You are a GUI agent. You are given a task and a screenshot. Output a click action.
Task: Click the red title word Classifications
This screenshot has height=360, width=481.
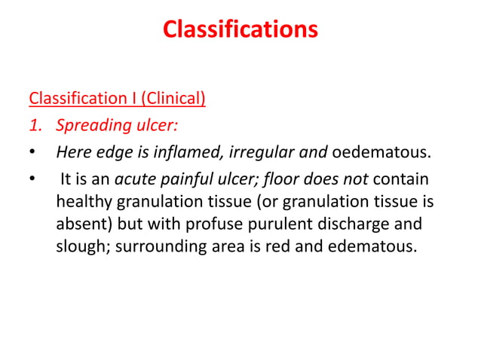coord(240,30)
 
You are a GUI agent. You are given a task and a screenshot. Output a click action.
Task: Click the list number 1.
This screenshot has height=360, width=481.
coord(34,126)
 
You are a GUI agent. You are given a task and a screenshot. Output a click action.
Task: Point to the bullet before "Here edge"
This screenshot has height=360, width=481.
coord(32,154)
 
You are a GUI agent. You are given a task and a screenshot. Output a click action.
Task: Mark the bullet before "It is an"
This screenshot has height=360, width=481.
coord(32,182)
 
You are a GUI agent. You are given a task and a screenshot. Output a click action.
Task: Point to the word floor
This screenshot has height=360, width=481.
coord(288,182)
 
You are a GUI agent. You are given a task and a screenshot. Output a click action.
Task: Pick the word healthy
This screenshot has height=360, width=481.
coord(83,203)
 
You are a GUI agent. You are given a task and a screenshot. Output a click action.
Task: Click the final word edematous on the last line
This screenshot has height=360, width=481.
coord(372,247)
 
